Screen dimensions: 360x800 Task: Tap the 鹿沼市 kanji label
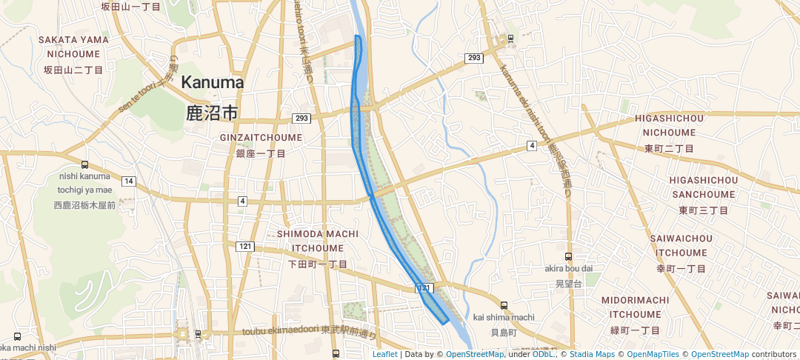213,113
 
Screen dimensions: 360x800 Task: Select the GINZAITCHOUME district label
261,138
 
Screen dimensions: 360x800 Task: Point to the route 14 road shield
129,181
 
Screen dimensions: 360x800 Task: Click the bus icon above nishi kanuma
84,165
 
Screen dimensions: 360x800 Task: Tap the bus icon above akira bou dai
568,256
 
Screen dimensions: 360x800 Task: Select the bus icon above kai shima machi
504,305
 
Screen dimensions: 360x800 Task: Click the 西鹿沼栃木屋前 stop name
84,204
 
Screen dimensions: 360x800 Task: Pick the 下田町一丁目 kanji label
317,264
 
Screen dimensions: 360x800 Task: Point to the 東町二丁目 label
669,148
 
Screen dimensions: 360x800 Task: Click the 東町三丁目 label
703,210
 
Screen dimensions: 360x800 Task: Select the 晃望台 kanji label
570,284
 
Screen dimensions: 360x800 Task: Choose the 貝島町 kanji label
503,333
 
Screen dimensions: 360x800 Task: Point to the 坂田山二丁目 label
73,70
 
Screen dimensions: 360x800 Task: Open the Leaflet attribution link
384,354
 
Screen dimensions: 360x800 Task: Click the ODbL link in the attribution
544,354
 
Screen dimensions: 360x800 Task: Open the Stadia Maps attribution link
592,354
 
